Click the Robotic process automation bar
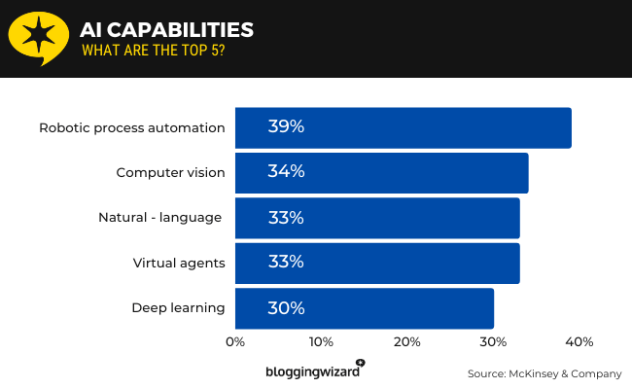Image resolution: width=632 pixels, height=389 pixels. (403, 127)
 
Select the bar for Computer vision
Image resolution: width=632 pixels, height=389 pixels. (381, 173)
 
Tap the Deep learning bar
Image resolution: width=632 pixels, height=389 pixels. (364, 308)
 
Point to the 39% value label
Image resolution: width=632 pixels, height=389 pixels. (286, 127)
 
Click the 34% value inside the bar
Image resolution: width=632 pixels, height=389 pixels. (286, 172)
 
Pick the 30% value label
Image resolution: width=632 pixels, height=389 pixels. (286, 308)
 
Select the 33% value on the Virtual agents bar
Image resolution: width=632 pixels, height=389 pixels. (286, 263)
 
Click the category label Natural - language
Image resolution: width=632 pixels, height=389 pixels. (160, 218)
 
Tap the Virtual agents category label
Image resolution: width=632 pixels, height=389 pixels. (179, 263)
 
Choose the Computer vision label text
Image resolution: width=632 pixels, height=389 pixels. (171, 173)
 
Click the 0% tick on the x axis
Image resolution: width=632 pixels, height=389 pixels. (235, 342)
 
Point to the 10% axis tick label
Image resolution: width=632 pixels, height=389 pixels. (321, 342)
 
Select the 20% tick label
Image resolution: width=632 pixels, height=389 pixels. (407, 342)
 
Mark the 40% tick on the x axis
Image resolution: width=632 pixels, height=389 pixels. (579, 342)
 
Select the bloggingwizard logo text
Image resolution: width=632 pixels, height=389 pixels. (312, 371)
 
